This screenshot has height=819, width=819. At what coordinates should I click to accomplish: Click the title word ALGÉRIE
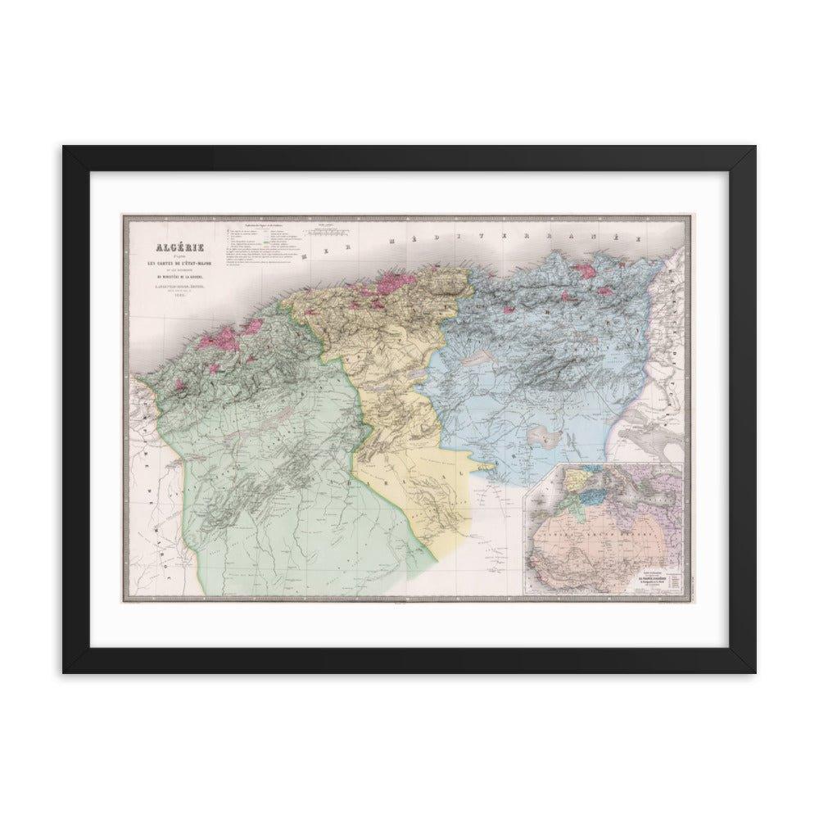[164, 247]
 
